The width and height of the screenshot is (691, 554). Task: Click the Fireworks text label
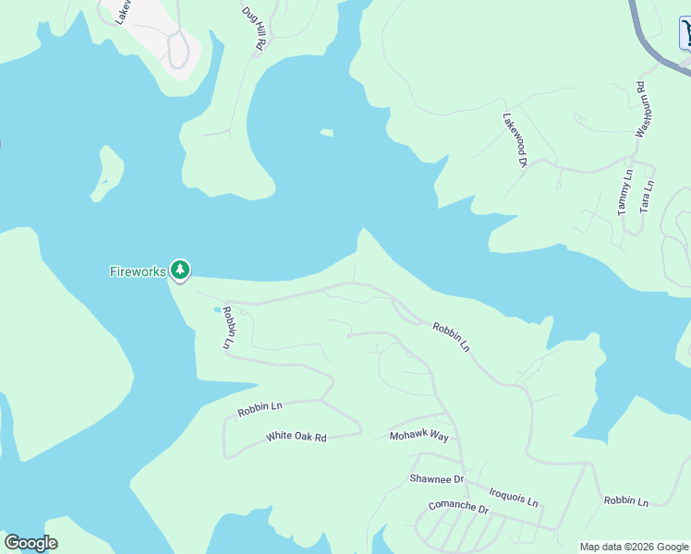[x=138, y=271]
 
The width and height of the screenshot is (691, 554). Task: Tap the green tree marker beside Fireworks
[x=180, y=271]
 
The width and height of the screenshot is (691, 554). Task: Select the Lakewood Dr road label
[x=514, y=140]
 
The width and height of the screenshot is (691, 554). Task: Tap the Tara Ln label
[x=647, y=198]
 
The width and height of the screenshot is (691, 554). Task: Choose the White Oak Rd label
[x=297, y=437]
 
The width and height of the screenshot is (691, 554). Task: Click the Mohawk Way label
[x=418, y=436]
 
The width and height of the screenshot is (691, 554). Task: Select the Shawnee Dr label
[x=436, y=479]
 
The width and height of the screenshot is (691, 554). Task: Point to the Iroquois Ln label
[x=513, y=499]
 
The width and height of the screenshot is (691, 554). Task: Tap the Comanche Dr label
[x=457, y=507]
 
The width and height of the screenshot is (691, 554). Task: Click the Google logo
[x=30, y=543]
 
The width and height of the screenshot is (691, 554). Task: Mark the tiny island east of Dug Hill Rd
[x=326, y=133]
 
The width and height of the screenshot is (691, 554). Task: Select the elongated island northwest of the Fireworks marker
[x=107, y=174]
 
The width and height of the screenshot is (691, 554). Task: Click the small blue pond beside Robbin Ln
[x=218, y=309]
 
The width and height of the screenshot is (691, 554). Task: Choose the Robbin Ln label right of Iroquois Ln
[x=626, y=500]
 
